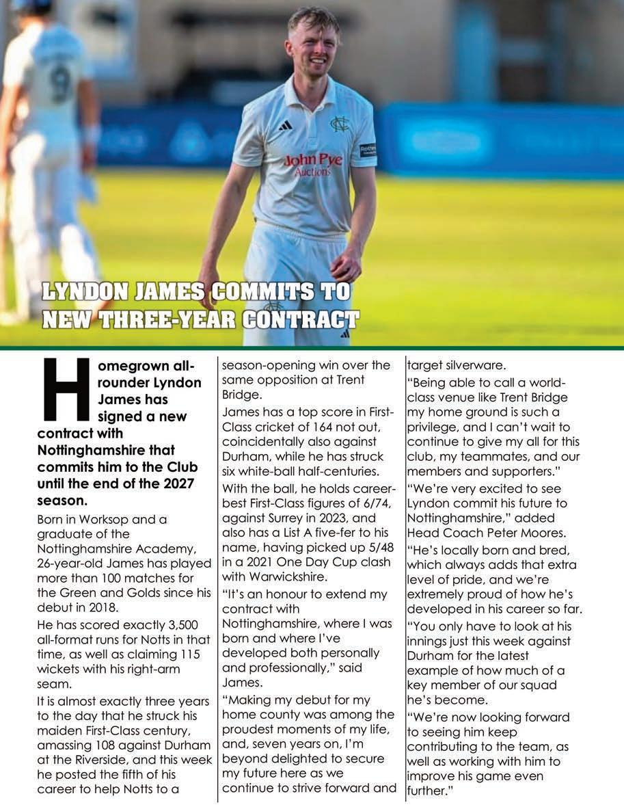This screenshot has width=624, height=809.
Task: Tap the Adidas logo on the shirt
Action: pyautogui.click(x=285, y=125)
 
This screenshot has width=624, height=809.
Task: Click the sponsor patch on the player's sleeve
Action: pyautogui.click(x=368, y=150)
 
